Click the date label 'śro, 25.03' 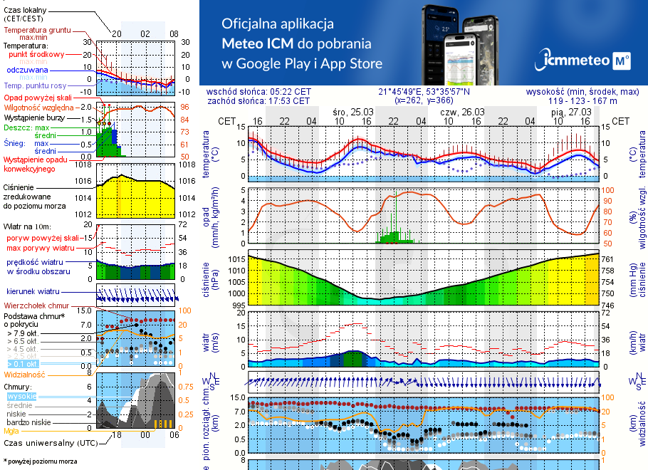pos(352,113)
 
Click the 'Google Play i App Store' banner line pos(302,63)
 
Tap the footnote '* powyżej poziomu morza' pos(41,461)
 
